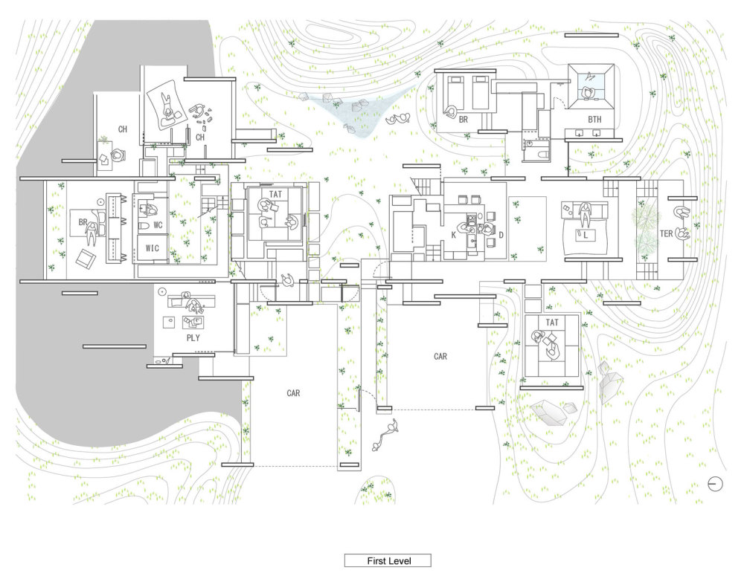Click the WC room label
pos(158,224)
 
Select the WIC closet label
pos(153,248)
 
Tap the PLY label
pos(193,338)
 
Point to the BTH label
pos(594,120)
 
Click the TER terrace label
pos(666,233)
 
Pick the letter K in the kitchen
pos(454,235)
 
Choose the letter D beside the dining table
pos(501,235)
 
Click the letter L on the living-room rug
pos(586,234)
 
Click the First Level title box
pos(388,560)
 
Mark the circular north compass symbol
pos(715,484)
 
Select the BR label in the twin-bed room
pos(463,120)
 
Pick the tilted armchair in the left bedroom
pos(86,259)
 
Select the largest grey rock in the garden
pos(550,413)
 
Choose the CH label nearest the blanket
pos(200,137)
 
